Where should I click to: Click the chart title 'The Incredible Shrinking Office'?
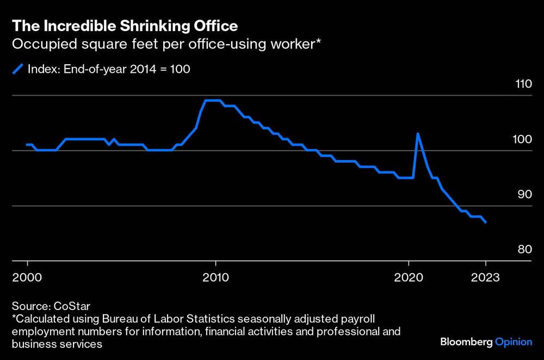[125, 26]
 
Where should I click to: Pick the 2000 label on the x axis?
[27, 276]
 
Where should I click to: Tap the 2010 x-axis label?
[217, 276]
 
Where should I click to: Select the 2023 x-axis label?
[486, 276]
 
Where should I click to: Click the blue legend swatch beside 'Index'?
[18, 69]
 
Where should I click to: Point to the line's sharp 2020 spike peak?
[417, 133]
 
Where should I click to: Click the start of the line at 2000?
[27, 145]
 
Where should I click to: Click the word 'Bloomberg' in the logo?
[466, 342]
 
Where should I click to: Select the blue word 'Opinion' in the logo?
[514, 342]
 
